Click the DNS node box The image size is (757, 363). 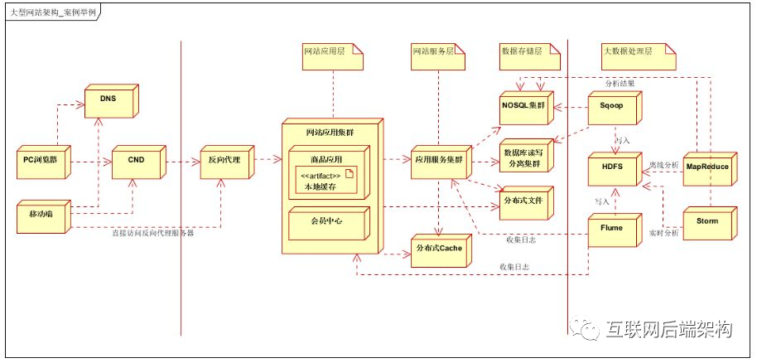pos(108,99)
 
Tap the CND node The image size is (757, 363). pos(135,159)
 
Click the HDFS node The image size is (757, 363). pos(610,167)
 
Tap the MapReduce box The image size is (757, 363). pos(707,167)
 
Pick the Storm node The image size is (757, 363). pos(706,221)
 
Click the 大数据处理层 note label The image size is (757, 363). pos(626,51)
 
